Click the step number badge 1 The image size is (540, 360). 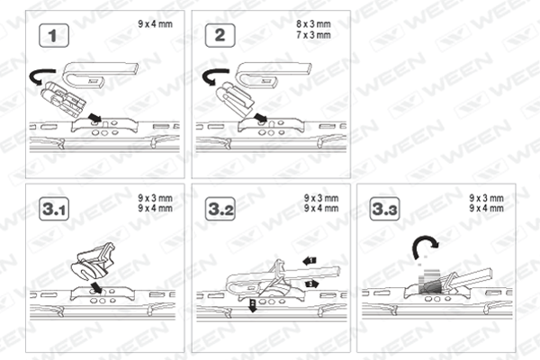point(54,35)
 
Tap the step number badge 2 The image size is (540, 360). point(220,35)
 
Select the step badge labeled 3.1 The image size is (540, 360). point(54,209)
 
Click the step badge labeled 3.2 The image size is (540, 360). point(220,209)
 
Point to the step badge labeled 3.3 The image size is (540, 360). point(384,209)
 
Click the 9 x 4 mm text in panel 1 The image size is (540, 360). point(156,24)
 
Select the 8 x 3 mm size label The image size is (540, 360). point(313,24)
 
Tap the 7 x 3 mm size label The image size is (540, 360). point(313,35)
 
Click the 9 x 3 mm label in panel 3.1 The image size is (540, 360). point(156,198)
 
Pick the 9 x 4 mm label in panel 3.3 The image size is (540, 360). point(486,208)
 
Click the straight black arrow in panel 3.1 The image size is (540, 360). point(97,287)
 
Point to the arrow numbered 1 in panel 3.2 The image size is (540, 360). point(310,261)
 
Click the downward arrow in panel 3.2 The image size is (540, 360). point(253,306)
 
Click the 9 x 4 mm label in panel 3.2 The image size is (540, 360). point(321,208)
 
